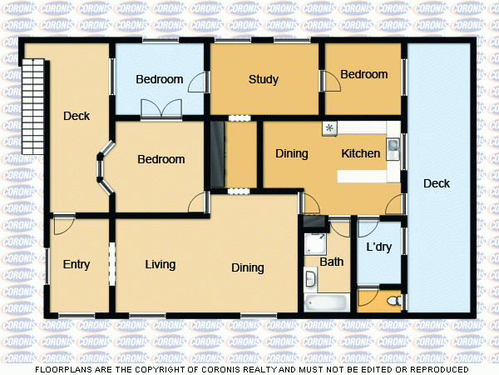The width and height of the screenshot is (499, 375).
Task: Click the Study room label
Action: coord(263,80)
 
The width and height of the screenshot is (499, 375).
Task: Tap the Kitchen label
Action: coord(361,154)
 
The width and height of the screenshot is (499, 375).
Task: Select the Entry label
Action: coord(77,265)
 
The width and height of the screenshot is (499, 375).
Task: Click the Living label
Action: coord(160,265)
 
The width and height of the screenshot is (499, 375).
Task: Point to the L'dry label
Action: coord(379,247)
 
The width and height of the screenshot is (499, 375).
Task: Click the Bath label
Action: coord(332,262)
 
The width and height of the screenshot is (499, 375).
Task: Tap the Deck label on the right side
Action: coord(436,183)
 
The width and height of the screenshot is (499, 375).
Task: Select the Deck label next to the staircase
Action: coord(77,117)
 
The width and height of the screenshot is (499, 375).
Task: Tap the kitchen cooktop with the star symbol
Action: coord(330,127)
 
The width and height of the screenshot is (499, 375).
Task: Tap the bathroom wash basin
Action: coord(309,278)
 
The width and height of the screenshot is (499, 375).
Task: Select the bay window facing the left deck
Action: coord(103,170)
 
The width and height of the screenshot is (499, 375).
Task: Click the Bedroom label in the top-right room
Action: coord(363,75)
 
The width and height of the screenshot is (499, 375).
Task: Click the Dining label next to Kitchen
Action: coord(291,154)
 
